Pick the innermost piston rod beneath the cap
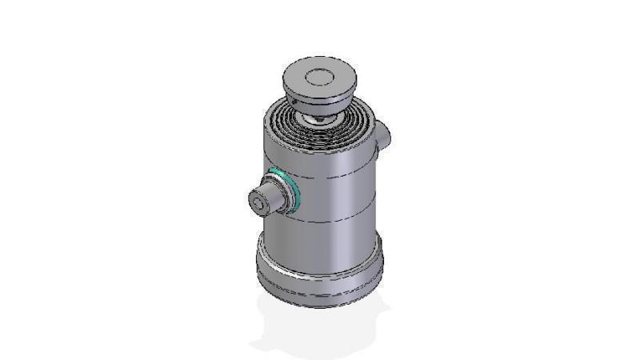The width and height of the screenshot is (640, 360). point(318,119)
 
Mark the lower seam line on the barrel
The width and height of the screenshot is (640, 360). point(336,220)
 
